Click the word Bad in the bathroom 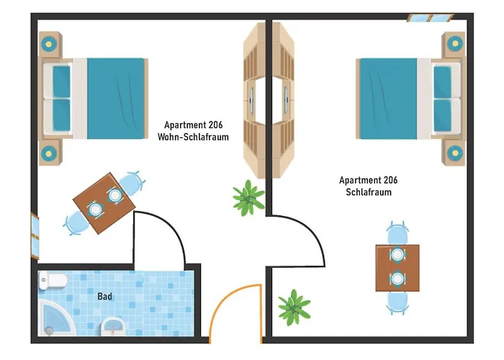pos(105,296)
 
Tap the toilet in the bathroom pos(53,280)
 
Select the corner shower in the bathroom pos(55,318)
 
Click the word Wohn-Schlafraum pos(193,137)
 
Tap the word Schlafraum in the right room pos(369,192)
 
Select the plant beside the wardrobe pos(248,198)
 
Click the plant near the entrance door pos(294,307)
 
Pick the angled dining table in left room pos(104,203)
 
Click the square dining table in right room pos(397,268)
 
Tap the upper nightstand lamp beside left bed pos(48,44)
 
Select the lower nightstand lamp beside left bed pos(48,153)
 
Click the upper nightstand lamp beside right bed pos(455,44)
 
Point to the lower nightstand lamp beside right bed pos(455,153)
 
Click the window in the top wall pos(431,18)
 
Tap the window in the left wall pos(35,235)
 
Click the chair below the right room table pos(397,303)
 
